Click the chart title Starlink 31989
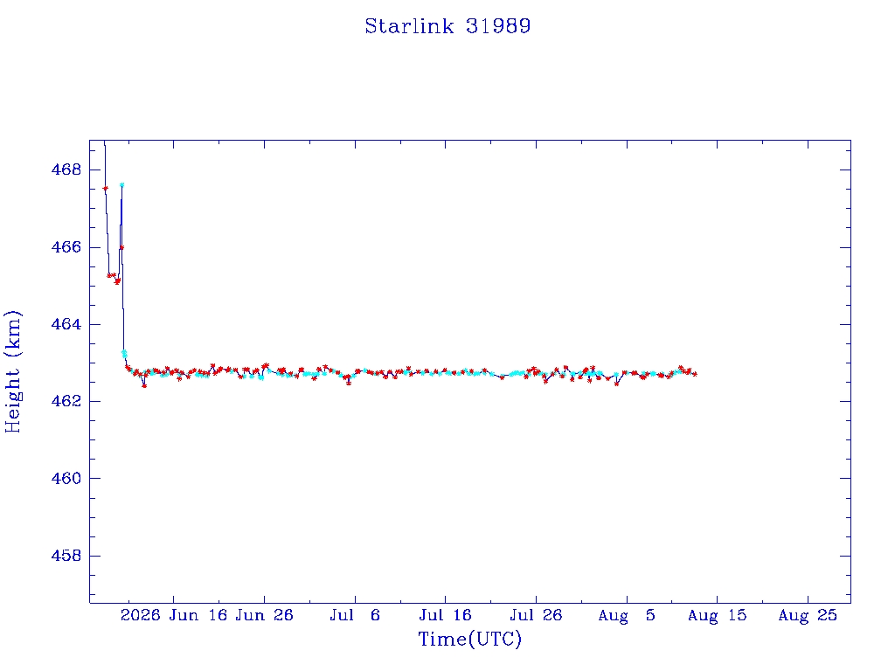[x=447, y=26]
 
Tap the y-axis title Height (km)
[x=12, y=371]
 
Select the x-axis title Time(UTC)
[x=469, y=639]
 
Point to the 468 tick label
[x=66, y=170]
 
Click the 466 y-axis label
[x=66, y=247]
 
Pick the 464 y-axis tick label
[x=66, y=324]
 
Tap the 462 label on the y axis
[x=66, y=401]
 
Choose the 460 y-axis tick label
[x=66, y=478]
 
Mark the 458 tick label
[x=66, y=555]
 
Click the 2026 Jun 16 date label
[x=174, y=615]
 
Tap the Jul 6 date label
[x=355, y=615]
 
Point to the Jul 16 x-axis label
[x=445, y=615]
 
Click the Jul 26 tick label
[x=536, y=615]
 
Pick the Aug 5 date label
[x=627, y=615]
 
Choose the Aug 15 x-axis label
[x=717, y=615]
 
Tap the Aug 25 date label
[x=808, y=615]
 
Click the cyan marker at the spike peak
[x=121, y=185]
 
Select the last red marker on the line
[x=695, y=374]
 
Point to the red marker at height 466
[x=121, y=247]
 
